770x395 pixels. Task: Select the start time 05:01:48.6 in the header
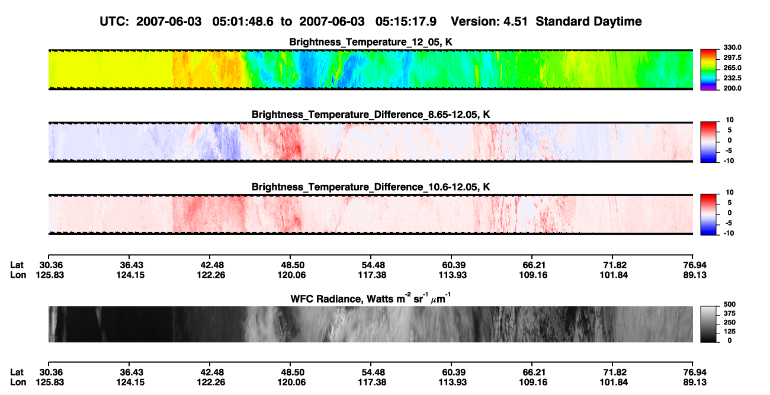[243, 21]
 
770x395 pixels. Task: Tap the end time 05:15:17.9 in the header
[406, 21]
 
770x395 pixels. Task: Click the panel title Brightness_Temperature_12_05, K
[371, 42]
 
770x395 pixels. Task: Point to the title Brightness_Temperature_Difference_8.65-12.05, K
[371, 114]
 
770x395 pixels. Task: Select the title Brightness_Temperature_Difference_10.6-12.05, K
[371, 187]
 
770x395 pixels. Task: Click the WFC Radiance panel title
[371, 298]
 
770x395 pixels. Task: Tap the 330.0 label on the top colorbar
[733, 47]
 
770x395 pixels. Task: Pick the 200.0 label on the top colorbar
[733, 88]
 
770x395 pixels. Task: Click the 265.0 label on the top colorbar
[733, 68]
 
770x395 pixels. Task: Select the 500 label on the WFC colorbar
[730, 304]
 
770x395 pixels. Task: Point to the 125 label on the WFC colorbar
[730, 332]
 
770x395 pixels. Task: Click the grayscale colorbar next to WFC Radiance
[708, 324]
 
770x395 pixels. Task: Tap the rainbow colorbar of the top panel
[708, 70]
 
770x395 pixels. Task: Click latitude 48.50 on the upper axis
[291, 265]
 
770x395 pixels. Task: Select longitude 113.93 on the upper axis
[453, 275]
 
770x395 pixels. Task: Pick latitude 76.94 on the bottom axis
[695, 372]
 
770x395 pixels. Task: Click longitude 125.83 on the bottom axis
[50, 383]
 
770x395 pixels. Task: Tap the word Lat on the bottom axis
[17, 372]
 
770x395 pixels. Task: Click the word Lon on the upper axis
[18, 275]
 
